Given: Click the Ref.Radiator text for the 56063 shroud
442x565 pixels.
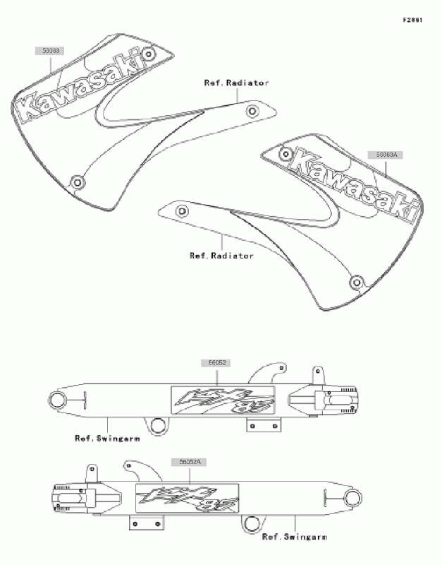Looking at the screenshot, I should tap(236, 83).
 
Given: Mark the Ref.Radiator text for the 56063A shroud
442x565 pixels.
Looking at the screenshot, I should tap(221, 256).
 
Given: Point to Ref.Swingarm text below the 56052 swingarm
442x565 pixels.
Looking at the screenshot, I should tap(107, 438).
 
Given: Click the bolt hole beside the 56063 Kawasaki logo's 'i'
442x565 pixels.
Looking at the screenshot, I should tap(147, 54).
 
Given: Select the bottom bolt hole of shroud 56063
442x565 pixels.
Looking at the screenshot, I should tap(78, 182).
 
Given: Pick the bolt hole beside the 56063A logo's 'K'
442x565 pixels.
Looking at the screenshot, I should tap(286, 153).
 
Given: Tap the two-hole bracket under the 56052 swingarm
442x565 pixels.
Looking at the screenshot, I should tap(264, 425).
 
